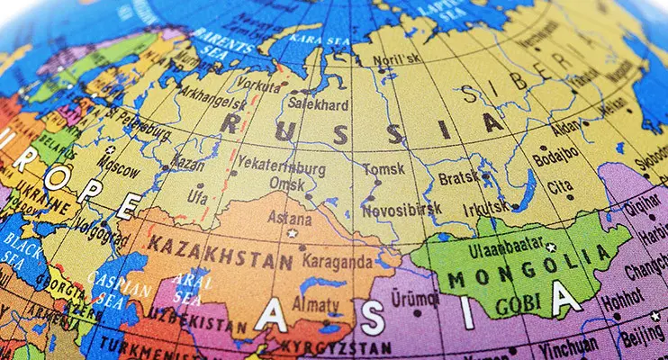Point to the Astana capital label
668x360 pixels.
(293, 218)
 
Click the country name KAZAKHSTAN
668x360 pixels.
(221, 252)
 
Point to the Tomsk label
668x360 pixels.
(384, 168)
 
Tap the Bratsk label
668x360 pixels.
(458, 178)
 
